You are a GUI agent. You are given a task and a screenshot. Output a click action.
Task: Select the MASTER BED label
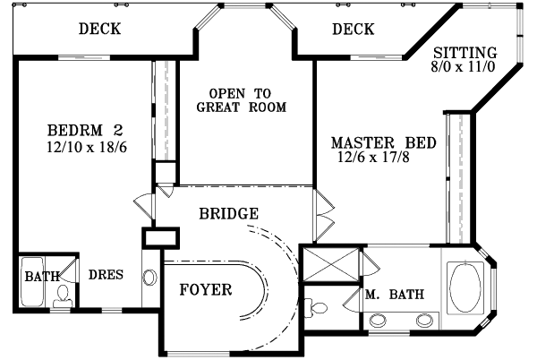pos(383,142)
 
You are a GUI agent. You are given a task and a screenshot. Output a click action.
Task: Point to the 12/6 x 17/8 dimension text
pos(385,159)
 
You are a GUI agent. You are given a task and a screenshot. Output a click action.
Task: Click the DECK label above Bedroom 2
pos(99,30)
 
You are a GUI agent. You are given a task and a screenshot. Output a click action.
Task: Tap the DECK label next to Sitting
pos(353,30)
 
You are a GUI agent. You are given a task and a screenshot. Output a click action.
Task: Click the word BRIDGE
pos(229,214)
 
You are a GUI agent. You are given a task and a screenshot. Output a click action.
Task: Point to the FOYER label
pos(206,290)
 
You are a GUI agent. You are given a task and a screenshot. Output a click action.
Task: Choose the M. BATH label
pos(394,295)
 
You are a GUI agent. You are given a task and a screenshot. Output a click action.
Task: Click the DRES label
pos(106,275)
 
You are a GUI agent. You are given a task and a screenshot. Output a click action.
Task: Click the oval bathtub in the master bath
pos(465,287)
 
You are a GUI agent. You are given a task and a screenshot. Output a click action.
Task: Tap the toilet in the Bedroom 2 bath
pos(62,296)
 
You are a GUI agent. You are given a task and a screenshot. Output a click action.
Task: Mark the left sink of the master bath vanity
pos(379,319)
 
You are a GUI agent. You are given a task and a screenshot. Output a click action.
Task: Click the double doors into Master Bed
pos(323,215)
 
